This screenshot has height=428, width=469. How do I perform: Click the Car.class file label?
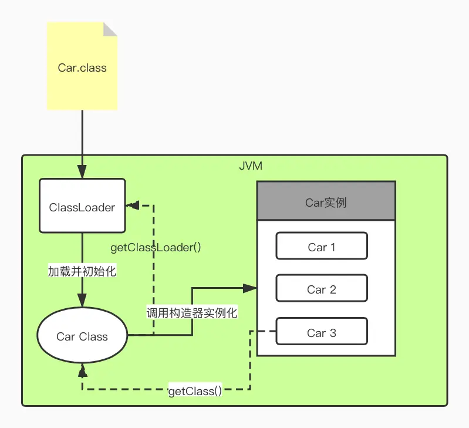[82, 68]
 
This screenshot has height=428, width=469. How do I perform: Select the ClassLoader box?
[82, 205]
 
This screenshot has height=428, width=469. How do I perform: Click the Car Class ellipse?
[82, 335]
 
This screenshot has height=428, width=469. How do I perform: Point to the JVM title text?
[251, 166]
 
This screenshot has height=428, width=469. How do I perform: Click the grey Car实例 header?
[326, 201]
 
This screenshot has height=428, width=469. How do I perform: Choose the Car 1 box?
[322, 246]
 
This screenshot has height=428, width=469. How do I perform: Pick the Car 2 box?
[322, 288]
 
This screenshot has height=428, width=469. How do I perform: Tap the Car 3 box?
[322, 331]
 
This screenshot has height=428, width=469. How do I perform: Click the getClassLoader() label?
[156, 248]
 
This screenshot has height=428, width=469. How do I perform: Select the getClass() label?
[195, 391]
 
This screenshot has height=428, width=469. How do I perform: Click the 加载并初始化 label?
[82, 271]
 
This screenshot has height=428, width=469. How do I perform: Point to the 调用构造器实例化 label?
[192, 313]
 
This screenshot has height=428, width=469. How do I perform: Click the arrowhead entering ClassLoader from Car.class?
[82, 171]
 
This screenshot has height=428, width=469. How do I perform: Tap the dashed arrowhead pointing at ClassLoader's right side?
[133, 205]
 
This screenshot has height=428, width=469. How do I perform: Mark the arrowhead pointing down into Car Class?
[82, 300]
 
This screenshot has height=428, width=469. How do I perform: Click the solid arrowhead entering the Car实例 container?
[249, 288]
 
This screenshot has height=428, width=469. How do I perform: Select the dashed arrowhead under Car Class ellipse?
[82, 370]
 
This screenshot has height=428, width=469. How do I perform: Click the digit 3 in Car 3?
[333, 333]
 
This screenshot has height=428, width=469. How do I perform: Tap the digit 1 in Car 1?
[333, 247]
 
